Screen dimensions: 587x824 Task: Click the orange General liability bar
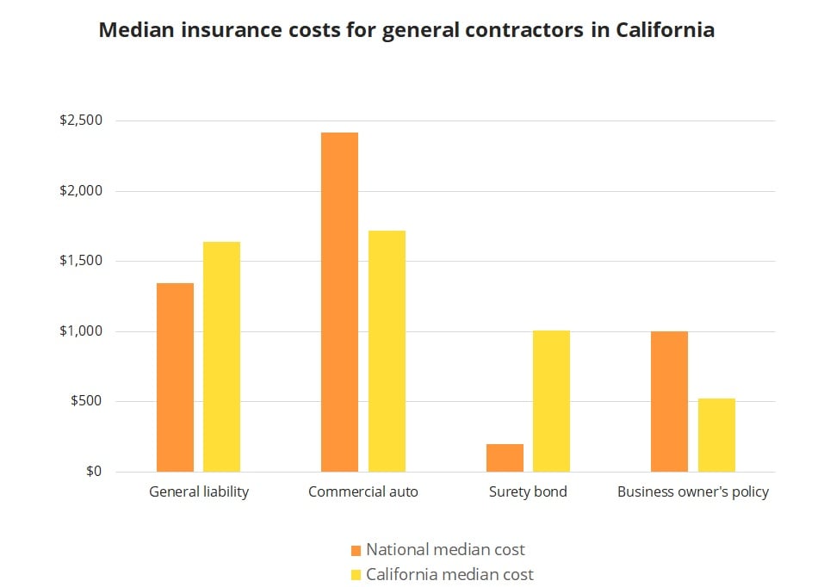tap(175, 377)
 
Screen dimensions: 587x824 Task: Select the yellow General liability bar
tap(221, 356)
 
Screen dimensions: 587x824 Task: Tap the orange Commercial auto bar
tap(339, 302)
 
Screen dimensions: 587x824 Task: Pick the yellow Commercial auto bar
tap(387, 351)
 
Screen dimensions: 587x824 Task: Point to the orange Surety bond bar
tap(505, 458)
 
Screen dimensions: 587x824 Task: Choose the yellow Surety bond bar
tap(551, 401)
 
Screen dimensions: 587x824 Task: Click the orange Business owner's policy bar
tap(669, 401)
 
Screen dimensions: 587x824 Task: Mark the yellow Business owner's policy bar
tap(716, 435)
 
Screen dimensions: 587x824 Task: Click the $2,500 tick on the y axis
tap(81, 120)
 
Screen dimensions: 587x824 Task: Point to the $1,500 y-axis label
tap(81, 261)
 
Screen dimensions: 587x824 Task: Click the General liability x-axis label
tap(199, 492)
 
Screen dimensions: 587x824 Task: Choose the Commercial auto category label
tap(362, 492)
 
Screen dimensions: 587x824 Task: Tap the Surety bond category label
tap(528, 492)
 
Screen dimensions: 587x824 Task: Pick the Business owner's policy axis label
tap(693, 492)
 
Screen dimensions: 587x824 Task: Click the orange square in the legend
tap(356, 550)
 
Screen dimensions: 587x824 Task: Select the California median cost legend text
tap(449, 574)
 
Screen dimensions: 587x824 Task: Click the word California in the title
tap(665, 30)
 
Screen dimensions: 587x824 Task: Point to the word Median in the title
tap(133, 30)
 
